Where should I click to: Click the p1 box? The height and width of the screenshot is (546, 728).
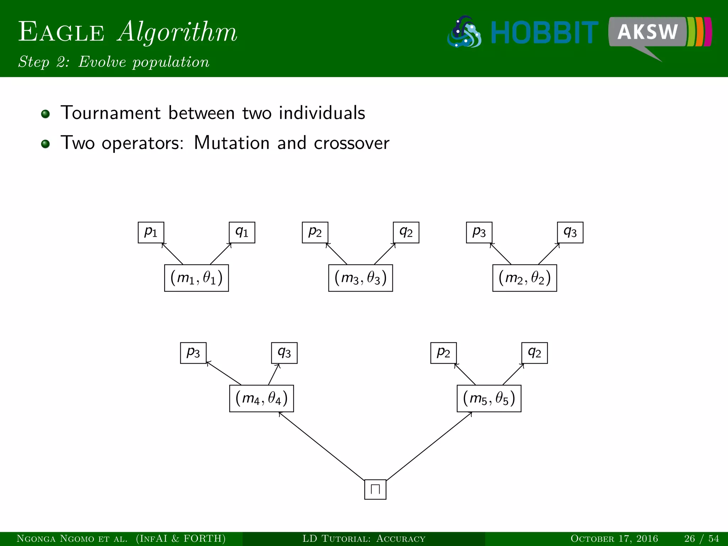click(x=151, y=232)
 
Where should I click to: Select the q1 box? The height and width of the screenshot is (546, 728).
click(x=242, y=232)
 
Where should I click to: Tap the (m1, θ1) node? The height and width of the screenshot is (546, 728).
click(x=196, y=278)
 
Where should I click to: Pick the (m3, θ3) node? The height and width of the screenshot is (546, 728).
click(x=360, y=278)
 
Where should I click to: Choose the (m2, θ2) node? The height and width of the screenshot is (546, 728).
click(x=524, y=278)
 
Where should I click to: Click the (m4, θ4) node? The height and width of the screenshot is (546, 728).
click(x=261, y=398)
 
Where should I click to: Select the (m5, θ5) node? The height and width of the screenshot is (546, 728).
click(x=489, y=398)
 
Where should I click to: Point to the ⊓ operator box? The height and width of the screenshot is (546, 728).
click(x=375, y=489)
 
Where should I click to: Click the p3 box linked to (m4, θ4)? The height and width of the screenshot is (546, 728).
click(x=193, y=353)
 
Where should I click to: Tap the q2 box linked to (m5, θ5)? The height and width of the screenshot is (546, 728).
click(x=534, y=353)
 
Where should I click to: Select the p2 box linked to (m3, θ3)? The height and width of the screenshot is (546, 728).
click(x=315, y=232)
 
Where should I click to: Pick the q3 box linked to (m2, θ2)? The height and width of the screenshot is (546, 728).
click(x=570, y=232)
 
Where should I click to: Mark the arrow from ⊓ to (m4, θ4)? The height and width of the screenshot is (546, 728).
click(x=322, y=446)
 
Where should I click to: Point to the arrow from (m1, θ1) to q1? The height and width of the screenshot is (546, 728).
click(x=221, y=254)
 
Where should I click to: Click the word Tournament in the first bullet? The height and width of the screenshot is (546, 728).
click(x=111, y=113)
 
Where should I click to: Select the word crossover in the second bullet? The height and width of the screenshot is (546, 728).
click(x=351, y=143)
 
